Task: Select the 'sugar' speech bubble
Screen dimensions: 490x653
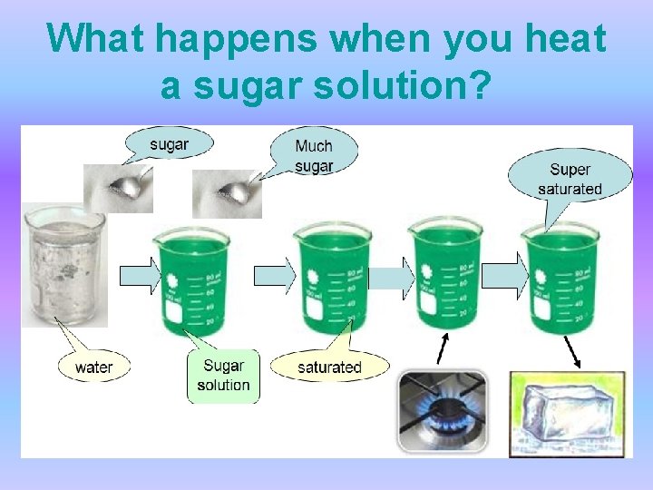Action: coord(170,144)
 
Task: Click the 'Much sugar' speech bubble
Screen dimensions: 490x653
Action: coord(314,153)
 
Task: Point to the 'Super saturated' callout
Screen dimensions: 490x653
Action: coord(570,179)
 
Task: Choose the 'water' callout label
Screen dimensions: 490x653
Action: coord(94,367)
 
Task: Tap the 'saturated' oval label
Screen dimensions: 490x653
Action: coord(329,367)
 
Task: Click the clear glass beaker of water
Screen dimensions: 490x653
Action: coord(63,265)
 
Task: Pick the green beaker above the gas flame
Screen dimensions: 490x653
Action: coord(443,276)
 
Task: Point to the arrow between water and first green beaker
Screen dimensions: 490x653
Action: coord(140,275)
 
